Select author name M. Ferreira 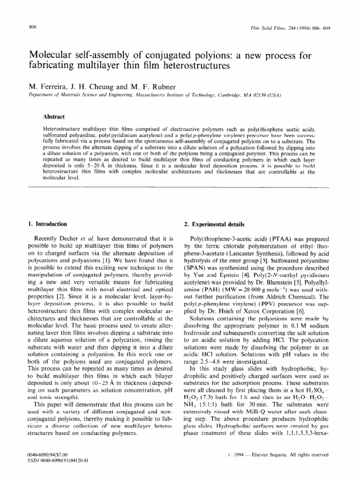click(49, 86)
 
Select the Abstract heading click(53, 117)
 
